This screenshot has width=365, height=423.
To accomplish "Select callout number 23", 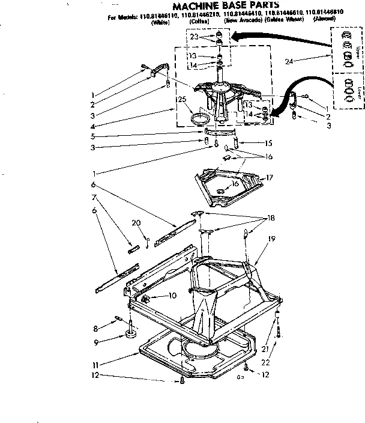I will tap(194, 37).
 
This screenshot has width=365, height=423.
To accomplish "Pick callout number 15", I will tap(268, 143).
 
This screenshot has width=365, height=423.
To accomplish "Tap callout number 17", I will tap(270, 177).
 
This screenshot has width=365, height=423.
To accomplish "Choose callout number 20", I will tap(136, 223).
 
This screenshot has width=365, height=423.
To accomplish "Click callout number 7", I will tap(94, 197).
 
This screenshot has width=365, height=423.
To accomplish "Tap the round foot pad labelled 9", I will tap(130, 333).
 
